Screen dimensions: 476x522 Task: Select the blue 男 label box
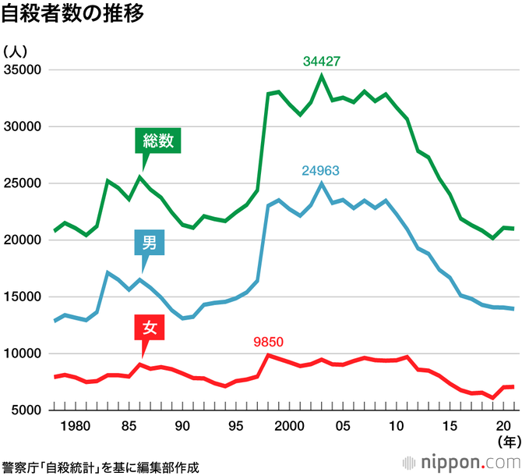coord(150,242)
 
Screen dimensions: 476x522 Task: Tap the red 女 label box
coord(150,329)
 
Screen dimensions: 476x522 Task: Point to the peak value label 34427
coord(322,61)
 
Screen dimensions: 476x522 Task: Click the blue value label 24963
coord(321,169)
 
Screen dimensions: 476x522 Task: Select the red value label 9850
coord(270,341)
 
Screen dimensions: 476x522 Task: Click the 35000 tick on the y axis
coord(23,70)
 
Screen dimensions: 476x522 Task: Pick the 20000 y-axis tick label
coord(23,240)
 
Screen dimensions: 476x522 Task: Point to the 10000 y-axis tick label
coord(23,353)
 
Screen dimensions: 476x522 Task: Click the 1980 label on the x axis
coord(75,426)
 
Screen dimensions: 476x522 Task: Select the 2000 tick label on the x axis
coord(288,426)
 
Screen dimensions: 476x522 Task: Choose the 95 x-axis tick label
coord(235,426)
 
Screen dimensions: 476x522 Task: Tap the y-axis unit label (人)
coord(16,52)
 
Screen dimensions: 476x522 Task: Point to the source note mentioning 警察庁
coord(101,467)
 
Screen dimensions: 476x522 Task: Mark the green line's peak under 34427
coord(322,76)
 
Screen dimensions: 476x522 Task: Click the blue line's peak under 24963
coord(322,183)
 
